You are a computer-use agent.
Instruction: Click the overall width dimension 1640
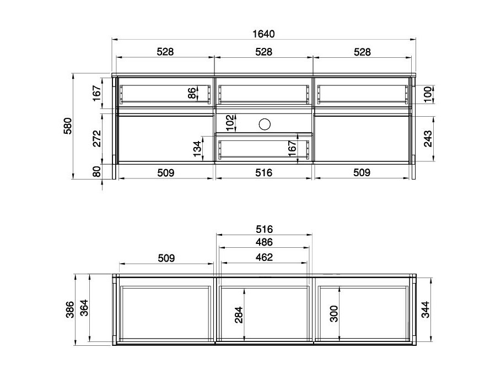[x=263, y=34]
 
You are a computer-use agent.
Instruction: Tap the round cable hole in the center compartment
[x=264, y=124]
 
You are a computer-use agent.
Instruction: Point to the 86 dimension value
[x=192, y=93]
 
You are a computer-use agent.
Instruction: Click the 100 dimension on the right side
[x=428, y=94]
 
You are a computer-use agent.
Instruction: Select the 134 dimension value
[x=197, y=149]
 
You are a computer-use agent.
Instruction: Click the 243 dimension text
[x=428, y=140]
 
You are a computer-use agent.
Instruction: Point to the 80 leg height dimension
[x=96, y=172]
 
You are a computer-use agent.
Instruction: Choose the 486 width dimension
[x=263, y=242]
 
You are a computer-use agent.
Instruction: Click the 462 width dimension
[x=263, y=257]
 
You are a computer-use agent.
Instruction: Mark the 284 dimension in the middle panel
[x=238, y=315]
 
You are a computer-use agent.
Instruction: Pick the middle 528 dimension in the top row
[x=263, y=52]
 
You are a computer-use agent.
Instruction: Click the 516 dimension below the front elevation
[x=263, y=172]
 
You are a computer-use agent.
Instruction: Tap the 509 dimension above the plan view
[x=165, y=257]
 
